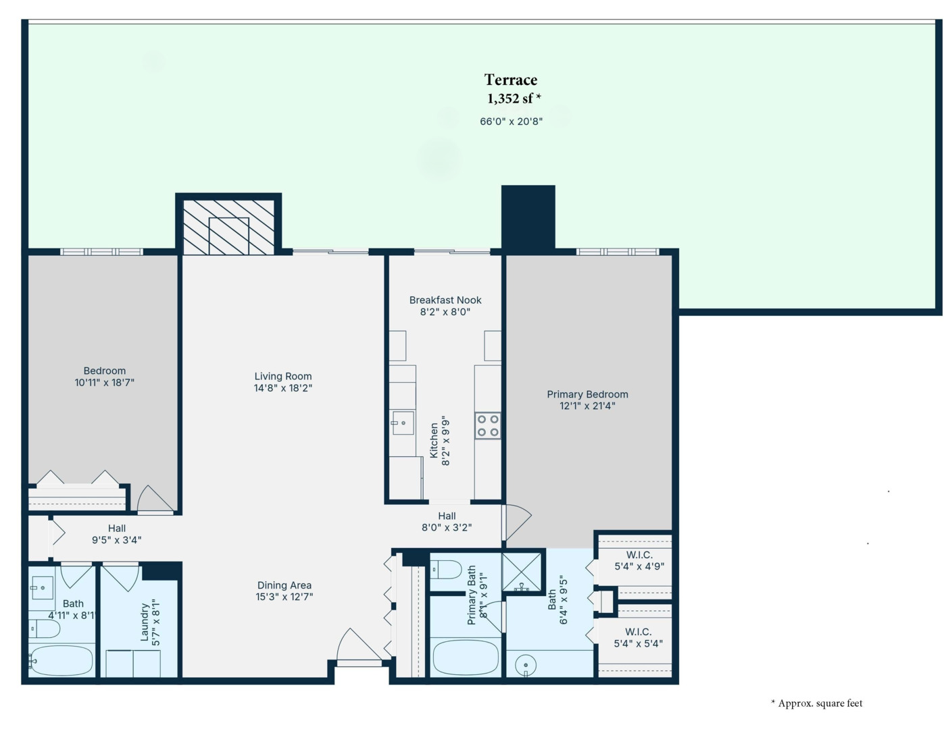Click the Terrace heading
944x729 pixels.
point(510,80)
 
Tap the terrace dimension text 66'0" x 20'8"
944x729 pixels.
point(512,122)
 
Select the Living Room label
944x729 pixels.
point(283,376)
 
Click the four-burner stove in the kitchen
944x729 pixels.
point(487,426)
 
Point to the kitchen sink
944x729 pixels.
point(403,423)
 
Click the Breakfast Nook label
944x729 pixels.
point(445,300)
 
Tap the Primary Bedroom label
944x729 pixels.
point(587,394)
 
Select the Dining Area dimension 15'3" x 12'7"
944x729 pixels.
point(284,597)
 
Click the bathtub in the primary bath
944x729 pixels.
point(466,658)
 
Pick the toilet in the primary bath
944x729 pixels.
point(446,569)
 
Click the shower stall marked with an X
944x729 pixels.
point(522,572)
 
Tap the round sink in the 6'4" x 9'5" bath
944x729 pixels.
point(526,665)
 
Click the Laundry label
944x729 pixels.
point(145,622)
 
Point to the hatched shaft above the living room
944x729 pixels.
point(228,227)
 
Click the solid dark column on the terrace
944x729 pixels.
point(528,219)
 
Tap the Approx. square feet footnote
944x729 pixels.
point(817,703)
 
